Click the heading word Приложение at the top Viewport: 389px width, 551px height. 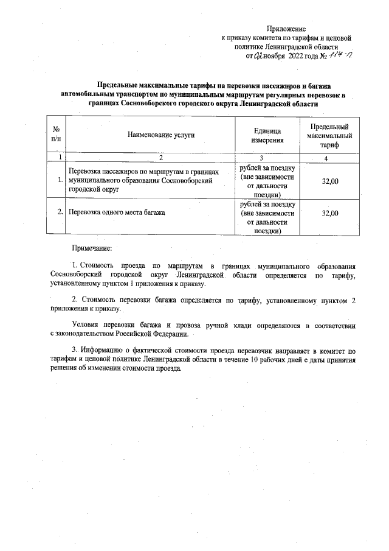pyautogui.click(x=286, y=29)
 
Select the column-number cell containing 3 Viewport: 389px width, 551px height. pyautogui.click(x=267, y=158)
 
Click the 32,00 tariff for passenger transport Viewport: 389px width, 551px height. pyautogui.click(x=330, y=181)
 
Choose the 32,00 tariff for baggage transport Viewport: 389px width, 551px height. pyautogui.click(x=330, y=213)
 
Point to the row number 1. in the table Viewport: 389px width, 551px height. pyautogui.click(x=60, y=180)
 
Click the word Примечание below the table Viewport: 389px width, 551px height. pyautogui.click(x=92, y=248)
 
